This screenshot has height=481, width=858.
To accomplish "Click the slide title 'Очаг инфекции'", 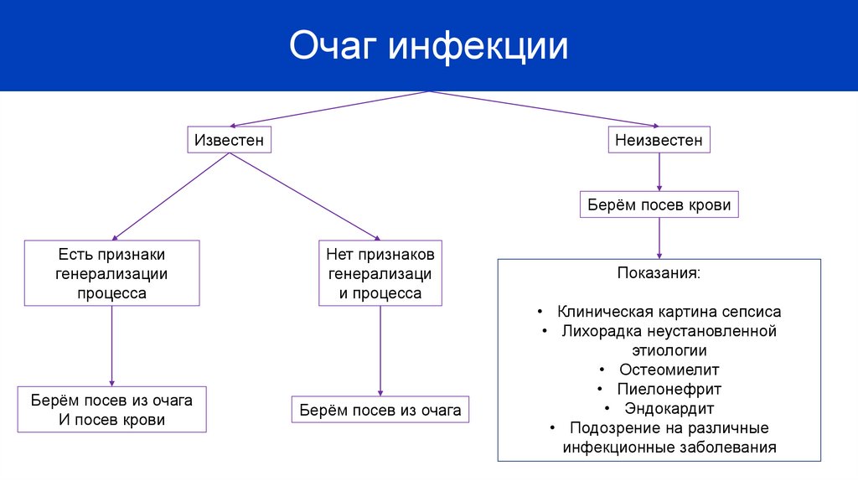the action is tap(428, 46).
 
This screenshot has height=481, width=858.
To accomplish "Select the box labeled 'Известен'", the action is tap(229, 140).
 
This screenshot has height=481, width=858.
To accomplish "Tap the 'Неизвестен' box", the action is tap(659, 140).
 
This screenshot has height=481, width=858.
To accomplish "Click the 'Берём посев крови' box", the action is tap(659, 204).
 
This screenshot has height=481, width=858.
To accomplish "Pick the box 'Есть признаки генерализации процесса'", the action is tap(112, 272).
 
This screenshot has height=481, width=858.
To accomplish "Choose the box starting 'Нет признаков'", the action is tap(380, 272).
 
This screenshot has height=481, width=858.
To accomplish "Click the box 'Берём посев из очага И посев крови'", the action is tap(112, 410).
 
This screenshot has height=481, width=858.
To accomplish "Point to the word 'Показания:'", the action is tap(659, 274).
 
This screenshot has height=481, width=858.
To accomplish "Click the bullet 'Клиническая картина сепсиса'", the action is tap(669, 312).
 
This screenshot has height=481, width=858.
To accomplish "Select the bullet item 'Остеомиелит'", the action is tap(669, 369).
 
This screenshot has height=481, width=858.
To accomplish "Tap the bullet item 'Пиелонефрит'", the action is tap(669, 389).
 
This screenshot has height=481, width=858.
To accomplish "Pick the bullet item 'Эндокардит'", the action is tap(669, 408).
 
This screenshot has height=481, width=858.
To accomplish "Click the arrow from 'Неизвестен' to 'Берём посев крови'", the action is tap(659, 172).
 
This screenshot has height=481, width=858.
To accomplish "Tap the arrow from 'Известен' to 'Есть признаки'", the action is tap(171, 197).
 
